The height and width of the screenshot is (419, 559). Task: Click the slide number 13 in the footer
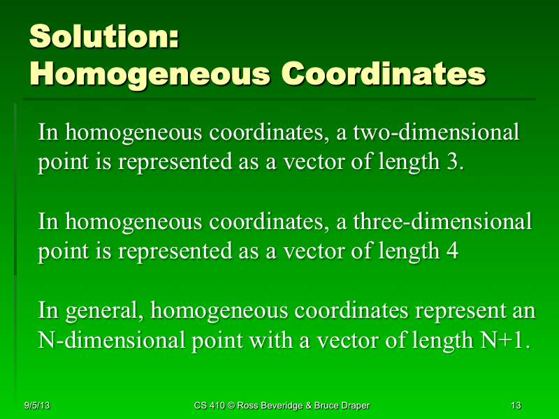pos(516,405)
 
